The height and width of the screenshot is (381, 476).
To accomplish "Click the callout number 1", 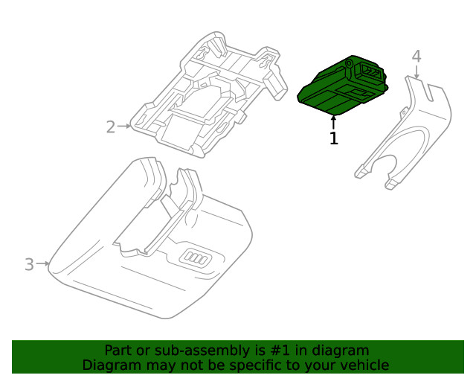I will [x=334, y=138].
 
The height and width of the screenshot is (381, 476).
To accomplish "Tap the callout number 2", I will [x=110, y=127].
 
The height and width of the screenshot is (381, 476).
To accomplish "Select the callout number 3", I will [x=29, y=264].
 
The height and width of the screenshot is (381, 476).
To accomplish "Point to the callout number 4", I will [x=416, y=56].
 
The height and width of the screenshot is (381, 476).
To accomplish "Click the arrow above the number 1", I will [x=334, y=121].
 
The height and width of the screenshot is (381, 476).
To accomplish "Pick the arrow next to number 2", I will [x=125, y=127].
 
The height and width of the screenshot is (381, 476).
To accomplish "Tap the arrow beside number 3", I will [x=43, y=263].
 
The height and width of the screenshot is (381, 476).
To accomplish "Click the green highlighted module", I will [x=338, y=86].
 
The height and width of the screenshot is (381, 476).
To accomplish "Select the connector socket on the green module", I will [x=369, y=72].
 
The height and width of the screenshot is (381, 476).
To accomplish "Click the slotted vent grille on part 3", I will [x=199, y=258].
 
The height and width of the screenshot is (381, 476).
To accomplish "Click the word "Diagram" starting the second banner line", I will [x=109, y=365].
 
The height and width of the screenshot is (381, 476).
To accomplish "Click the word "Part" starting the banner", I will [x=118, y=350].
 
